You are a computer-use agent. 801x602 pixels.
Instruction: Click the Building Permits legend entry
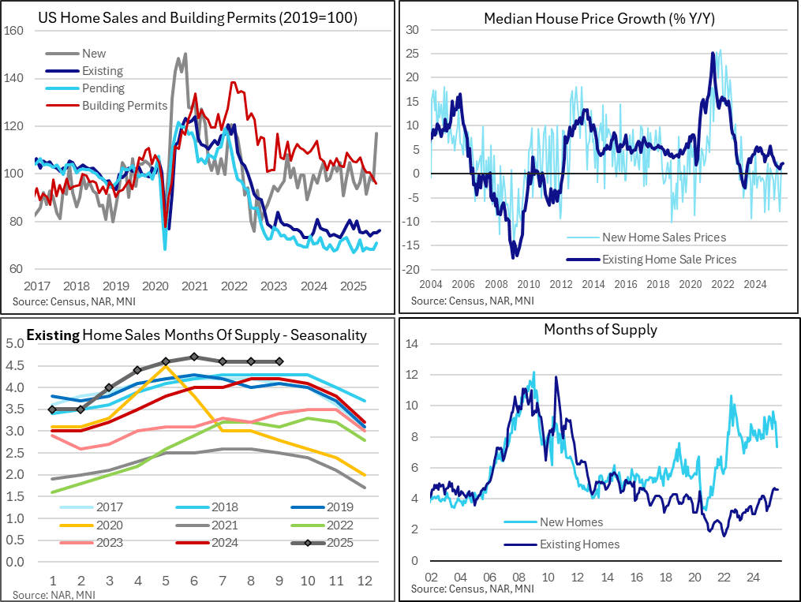pos(125,106)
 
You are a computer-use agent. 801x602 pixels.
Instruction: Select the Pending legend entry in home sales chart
pos(103,88)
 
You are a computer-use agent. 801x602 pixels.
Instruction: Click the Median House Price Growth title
pos(599,17)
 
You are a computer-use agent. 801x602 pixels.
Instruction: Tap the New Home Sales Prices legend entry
pos(664,237)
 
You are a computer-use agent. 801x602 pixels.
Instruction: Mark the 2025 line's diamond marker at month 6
pos(194,357)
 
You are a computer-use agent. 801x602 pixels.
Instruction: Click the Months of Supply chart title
pos(600,330)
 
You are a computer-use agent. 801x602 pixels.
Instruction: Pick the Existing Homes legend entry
pos(579,544)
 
